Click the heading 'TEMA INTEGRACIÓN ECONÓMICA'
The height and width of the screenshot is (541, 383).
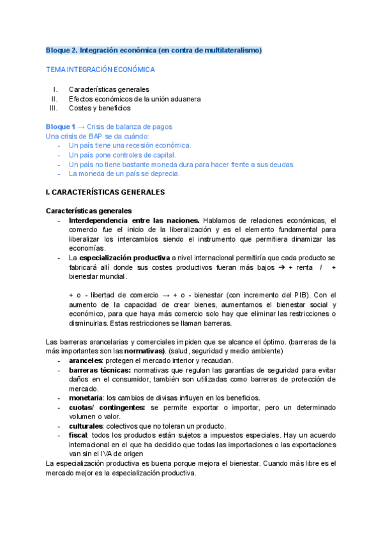[100, 69]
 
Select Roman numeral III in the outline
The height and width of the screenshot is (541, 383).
[54, 108]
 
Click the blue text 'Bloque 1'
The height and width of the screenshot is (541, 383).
[61, 127]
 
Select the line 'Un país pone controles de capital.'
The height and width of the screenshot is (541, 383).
[122, 154]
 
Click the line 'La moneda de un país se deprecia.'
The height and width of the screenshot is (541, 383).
[124, 173]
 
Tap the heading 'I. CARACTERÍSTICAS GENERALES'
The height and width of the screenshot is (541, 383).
[105, 191]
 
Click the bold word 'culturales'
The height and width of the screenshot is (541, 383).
[86, 426]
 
